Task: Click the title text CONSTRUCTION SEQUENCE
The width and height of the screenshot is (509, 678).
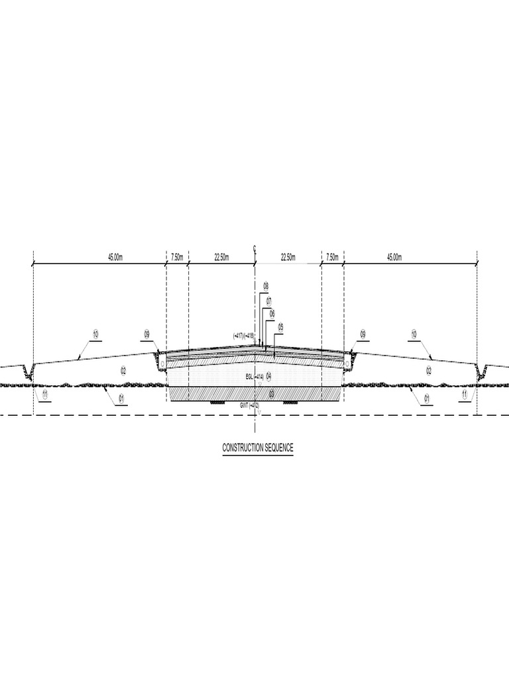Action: (257, 448)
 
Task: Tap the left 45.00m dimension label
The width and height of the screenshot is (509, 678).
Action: (115, 258)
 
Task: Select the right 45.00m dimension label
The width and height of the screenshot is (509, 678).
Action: (394, 258)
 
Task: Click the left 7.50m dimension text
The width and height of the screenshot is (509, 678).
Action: (178, 258)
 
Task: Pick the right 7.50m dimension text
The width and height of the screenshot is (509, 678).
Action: (331, 258)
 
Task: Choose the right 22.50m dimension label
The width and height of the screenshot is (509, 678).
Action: (288, 258)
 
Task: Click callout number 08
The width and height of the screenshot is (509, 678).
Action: (265, 286)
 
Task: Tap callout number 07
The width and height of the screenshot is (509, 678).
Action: (269, 301)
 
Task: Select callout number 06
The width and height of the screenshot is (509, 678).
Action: (272, 313)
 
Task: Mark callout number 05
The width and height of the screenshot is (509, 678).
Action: (280, 326)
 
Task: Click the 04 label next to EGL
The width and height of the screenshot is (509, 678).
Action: (269, 376)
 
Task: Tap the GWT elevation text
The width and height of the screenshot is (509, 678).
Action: (250, 405)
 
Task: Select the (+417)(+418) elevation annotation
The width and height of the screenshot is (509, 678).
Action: (244, 336)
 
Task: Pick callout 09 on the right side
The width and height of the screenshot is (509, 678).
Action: (363, 334)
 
